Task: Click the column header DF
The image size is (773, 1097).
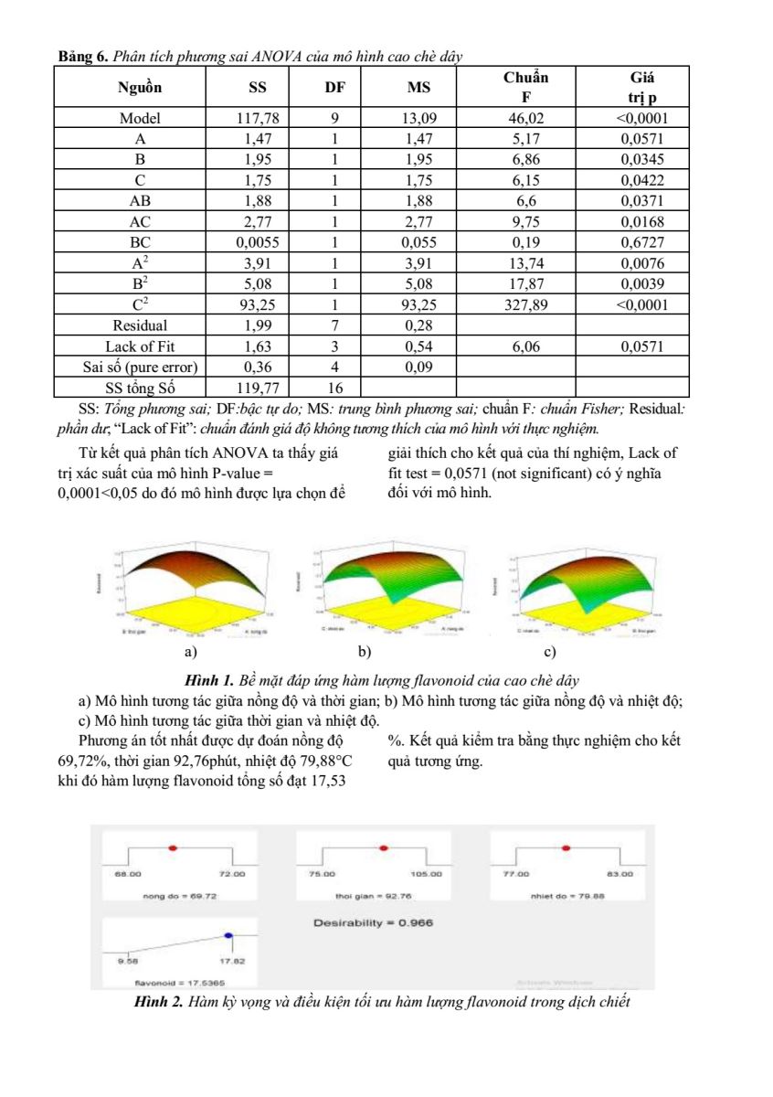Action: pyautogui.click(x=335, y=88)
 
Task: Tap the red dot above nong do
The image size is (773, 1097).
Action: pyautogui.click(x=173, y=848)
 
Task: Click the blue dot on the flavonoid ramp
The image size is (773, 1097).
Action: pyautogui.click(x=228, y=935)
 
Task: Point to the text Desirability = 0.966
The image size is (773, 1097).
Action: pyautogui.click(x=373, y=922)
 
